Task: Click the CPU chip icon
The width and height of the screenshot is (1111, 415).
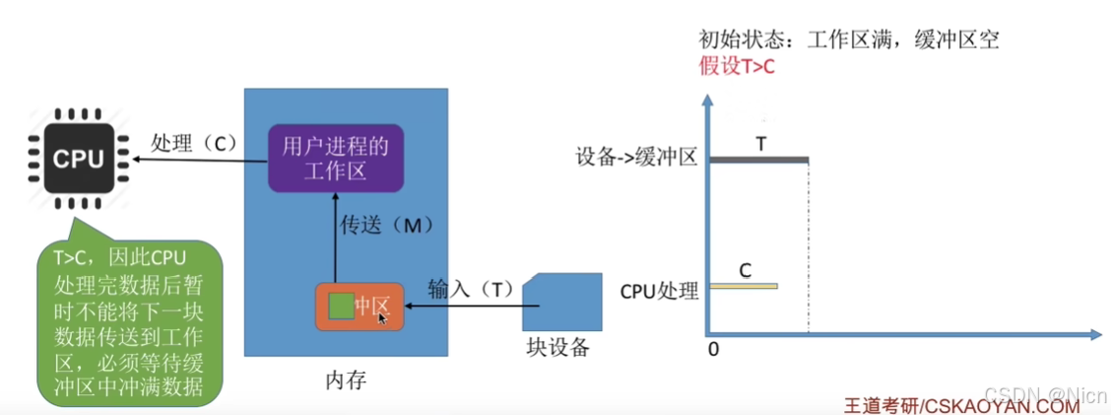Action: (78, 159)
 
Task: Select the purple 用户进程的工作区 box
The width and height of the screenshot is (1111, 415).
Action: (336, 159)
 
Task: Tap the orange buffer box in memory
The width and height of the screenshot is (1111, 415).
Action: (359, 307)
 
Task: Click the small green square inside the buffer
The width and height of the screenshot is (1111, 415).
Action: (341, 307)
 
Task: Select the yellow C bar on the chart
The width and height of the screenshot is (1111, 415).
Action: (743, 286)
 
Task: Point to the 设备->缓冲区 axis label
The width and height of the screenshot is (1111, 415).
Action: (637, 157)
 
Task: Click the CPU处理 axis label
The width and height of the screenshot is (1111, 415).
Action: (659, 291)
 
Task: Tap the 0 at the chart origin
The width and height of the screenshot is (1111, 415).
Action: (712, 350)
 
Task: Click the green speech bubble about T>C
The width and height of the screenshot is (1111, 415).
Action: (130, 325)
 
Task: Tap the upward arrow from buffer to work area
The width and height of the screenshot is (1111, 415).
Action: (336, 237)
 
